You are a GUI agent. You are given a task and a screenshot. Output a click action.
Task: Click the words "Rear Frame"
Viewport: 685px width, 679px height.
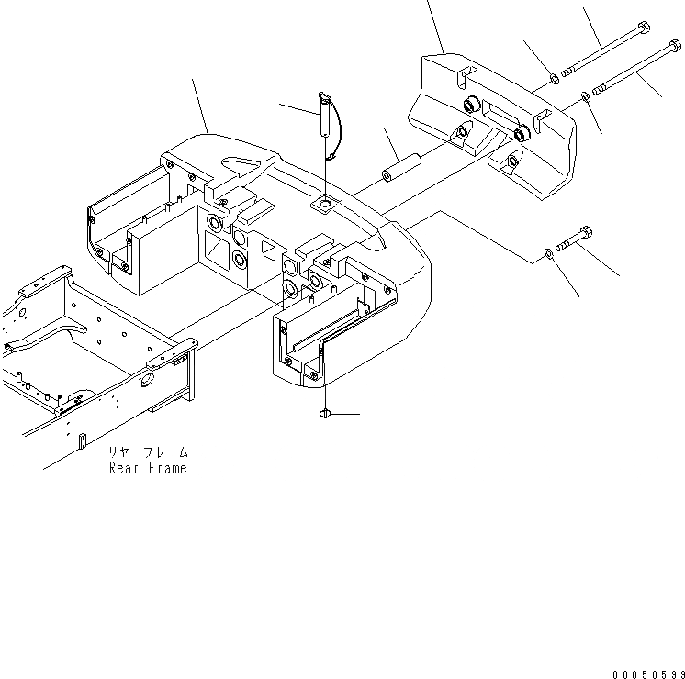coord(148,468)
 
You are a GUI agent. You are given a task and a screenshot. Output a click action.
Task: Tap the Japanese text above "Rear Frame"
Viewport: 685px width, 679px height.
coord(150,452)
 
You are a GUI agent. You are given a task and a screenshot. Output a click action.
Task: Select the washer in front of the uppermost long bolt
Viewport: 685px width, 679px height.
coord(554,77)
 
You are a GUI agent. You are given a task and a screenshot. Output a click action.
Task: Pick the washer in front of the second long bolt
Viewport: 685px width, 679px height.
coord(585,95)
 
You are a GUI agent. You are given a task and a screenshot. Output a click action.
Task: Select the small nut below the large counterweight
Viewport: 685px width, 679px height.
coord(325,416)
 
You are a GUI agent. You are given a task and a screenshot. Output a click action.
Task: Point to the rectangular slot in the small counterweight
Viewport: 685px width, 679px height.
coord(503,118)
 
